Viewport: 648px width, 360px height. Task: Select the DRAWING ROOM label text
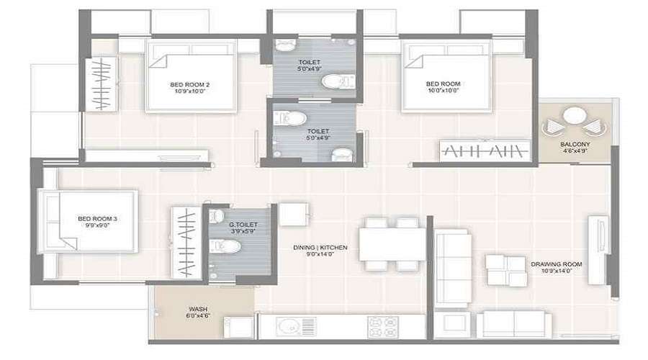click(556, 264)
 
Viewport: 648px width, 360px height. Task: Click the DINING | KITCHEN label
click(320, 248)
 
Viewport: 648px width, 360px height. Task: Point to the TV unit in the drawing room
click(598, 248)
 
